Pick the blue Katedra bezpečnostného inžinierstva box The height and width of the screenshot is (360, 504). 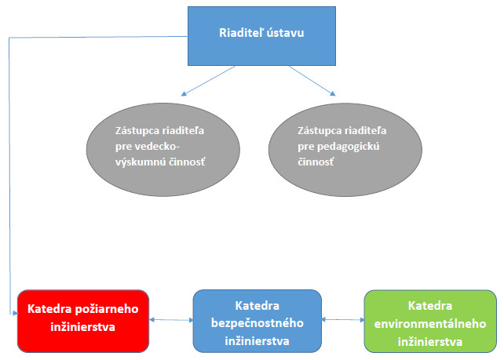click(x=257, y=321)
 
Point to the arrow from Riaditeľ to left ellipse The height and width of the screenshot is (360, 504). click(x=207, y=79)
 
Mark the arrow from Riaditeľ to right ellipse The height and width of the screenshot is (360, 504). click(x=312, y=79)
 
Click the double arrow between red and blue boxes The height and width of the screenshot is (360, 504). click(x=172, y=319)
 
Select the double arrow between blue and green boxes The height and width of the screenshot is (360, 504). click(x=344, y=319)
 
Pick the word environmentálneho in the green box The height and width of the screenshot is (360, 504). click(x=430, y=323)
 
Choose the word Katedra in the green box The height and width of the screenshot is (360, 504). click(x=430, y=304)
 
